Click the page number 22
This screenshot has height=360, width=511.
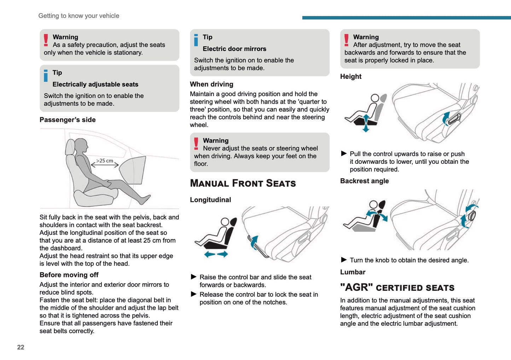point(21,347)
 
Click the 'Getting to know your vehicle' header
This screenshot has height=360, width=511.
point(79,16)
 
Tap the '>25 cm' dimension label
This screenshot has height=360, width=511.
point(105,161)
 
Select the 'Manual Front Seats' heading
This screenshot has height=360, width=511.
point(243,183)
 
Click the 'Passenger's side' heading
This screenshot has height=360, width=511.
point(68,120)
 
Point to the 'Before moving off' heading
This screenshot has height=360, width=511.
point(69,275)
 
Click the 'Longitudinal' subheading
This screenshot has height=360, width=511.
point(210,200)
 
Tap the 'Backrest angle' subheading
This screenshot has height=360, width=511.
point(364,181)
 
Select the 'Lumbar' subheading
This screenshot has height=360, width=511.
point(353,272)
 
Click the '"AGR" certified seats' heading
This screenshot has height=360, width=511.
point(397,288)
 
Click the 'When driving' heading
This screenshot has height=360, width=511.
point(211,84)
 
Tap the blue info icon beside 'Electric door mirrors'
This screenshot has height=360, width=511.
point(196,40)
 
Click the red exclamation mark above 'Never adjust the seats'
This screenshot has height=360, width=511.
point(196,144)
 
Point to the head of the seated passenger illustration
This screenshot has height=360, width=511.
point(81,145)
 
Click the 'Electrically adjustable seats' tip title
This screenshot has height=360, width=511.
point(95,85)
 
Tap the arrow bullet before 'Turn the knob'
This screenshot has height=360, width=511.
point(344,260)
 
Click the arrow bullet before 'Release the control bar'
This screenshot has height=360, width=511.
point(193,294)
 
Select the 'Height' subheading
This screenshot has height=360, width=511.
point(351,77)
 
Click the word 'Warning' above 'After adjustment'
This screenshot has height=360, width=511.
point(366,37)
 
